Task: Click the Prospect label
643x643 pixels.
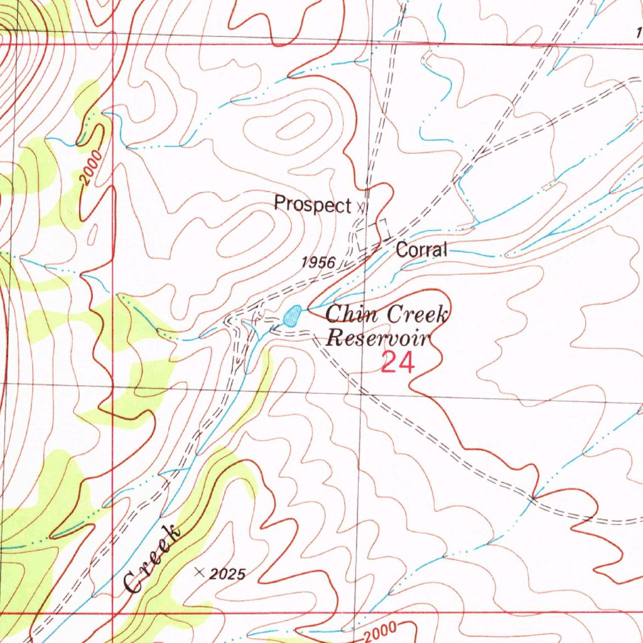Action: pos(311,204)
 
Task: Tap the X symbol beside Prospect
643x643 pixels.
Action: pos(360,205)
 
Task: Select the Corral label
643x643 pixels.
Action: pos(421,250)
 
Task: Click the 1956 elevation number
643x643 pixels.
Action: pos(318,262)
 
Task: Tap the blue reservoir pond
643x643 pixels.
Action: pos(291,316)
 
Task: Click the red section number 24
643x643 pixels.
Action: pos(397,363)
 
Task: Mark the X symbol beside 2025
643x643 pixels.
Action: pos(200,571)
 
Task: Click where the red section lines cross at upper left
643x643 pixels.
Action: pos(113,45)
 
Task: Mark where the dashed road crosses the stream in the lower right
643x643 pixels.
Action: pos(532,499)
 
